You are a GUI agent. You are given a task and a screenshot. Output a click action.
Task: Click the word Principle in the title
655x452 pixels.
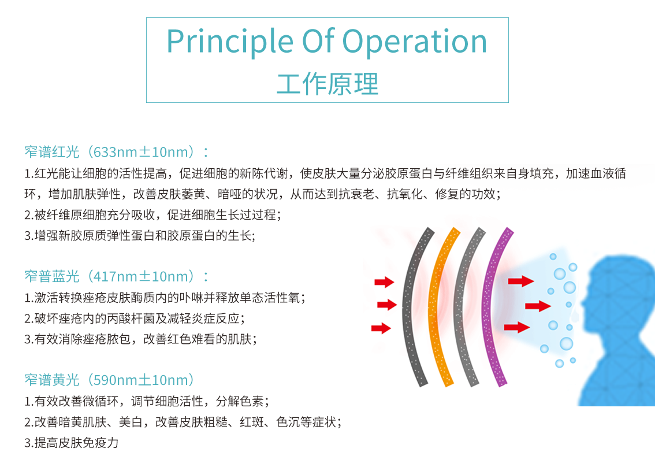pos(230,42)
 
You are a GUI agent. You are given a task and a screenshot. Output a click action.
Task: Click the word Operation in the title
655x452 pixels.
pos(415,42)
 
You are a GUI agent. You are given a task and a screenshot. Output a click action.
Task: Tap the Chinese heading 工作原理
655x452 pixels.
pos(327,84)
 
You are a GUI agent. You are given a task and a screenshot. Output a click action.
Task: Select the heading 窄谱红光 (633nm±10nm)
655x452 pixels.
pos(117,152)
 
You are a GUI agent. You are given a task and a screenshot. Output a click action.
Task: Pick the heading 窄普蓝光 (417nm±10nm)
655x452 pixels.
pos(117,276)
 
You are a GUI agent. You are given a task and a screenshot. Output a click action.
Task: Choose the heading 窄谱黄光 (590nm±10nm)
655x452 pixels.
pos(109,380)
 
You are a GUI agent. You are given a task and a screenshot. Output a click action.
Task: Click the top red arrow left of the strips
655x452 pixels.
pos(384,282)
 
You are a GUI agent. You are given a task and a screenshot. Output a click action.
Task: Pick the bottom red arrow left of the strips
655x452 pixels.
pos(381,328)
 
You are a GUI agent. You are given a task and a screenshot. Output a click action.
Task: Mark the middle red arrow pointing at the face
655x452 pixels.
pos(538,306)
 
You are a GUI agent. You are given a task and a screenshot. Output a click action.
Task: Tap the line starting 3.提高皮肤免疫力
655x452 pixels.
pos(72,443)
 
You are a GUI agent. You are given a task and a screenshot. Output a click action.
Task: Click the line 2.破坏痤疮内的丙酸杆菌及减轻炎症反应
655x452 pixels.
pos(135,318)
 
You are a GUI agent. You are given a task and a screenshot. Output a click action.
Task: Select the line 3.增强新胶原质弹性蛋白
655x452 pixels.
pos(140,236)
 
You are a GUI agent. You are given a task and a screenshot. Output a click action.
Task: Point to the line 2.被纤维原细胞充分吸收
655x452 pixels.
pos(152,215)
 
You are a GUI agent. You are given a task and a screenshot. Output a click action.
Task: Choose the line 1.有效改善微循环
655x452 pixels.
pos(147,401)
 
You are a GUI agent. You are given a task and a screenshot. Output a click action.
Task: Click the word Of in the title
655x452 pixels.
pos(318,41)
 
